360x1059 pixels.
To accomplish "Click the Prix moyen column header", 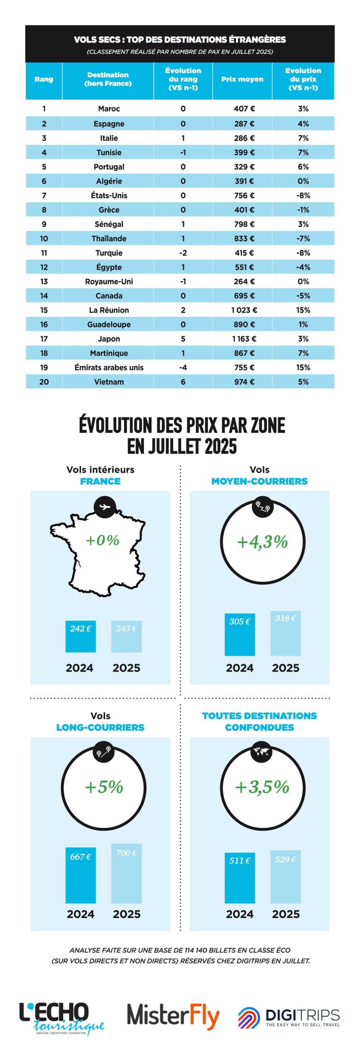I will (x=242, y=79).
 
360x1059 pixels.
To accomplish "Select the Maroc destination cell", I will (x=109, y=109).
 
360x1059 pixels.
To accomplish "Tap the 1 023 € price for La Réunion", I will (x=244, y=310).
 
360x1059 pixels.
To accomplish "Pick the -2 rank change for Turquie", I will (x=183, y=253).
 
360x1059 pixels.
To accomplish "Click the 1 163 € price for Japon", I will (x=244, y=339).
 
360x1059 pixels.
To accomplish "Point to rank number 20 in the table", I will (x=44, y=382).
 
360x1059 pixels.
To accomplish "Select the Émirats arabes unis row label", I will (x=109, y=367).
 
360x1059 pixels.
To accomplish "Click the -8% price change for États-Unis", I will (x=303, y=195).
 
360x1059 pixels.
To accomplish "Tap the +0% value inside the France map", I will (x=102, y=540).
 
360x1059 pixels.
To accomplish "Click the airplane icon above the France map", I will (x=105, y=506).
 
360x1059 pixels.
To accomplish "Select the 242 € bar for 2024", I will (x=81, y=636).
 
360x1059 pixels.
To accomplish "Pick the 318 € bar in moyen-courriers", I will (x=285, y=633).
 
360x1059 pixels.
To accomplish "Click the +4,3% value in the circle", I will (x=262, y=542).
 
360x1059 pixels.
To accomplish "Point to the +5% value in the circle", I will (x=104, y=787).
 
